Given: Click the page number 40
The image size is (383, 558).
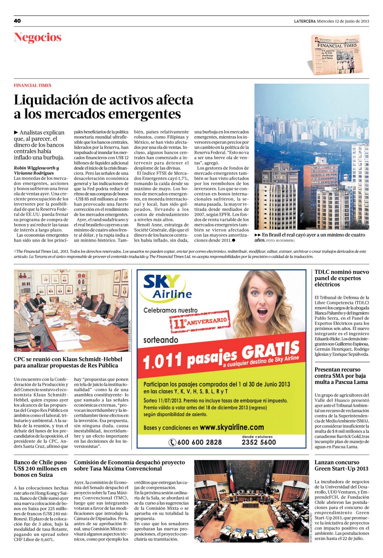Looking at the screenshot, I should [17, 21].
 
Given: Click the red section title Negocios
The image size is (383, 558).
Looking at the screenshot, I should [38, 37].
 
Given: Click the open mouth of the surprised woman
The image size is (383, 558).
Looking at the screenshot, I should [263, 313].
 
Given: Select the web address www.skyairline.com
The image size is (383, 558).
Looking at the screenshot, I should [232, 427].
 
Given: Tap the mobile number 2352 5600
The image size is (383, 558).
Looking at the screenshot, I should [259, 442].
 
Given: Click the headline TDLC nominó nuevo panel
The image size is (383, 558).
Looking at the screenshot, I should [341, 278].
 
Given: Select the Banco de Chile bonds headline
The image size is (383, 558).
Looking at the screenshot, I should [40, 469].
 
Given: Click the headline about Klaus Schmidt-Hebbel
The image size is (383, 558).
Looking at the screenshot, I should [66, 362].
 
